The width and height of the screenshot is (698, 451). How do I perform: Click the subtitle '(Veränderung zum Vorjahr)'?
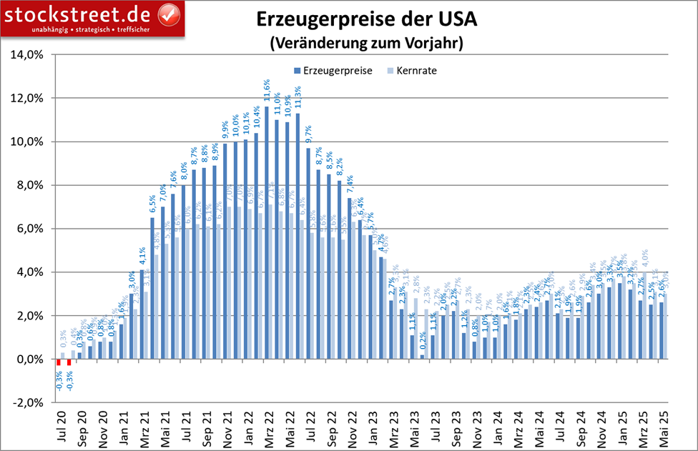click(x=366, y=43)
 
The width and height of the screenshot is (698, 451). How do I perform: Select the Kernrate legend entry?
click(x=416, y=71)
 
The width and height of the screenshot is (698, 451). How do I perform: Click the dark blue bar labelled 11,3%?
click(x=298, y=236)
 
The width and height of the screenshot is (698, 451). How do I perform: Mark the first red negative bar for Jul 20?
click(x=59, y=362)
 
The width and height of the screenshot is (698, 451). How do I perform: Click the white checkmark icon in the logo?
click(x=167, y=14)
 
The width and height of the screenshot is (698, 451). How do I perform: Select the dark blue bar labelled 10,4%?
click(x=256, y=246)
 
